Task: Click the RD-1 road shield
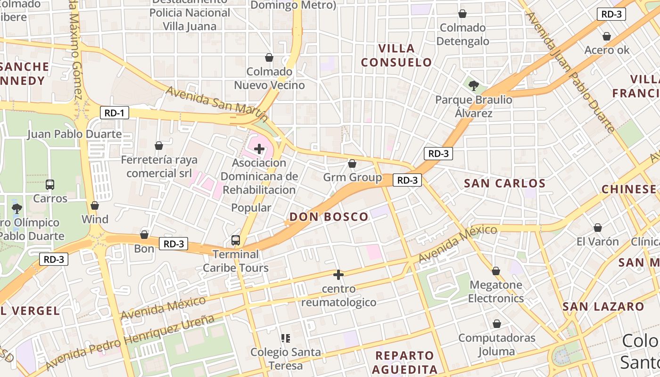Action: (x=115, y=113)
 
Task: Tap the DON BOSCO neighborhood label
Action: (x=329, y=217)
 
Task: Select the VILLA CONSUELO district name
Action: (x=396, y=55)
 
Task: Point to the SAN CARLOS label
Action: (x=504, y=183)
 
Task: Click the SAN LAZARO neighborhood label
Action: (x=603, y=307)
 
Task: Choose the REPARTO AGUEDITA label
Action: (x=404, y=362)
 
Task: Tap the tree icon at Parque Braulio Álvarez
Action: (x=474, y=86)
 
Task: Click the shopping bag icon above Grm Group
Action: (x=352, y=164)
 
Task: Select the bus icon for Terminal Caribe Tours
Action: (x=236, y=240)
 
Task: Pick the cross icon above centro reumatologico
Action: (x=338, y=274)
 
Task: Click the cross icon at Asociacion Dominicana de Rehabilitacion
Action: (x=259, y=149)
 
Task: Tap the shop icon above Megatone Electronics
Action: (x=495, y=271)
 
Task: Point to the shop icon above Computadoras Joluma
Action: (x=496, y=324)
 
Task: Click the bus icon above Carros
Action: (x=50, y=184)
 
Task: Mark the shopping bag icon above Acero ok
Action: (x=607, y=36)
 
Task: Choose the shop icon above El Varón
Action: (x=597, y=228)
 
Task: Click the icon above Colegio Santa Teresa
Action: (x=285, y=338)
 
